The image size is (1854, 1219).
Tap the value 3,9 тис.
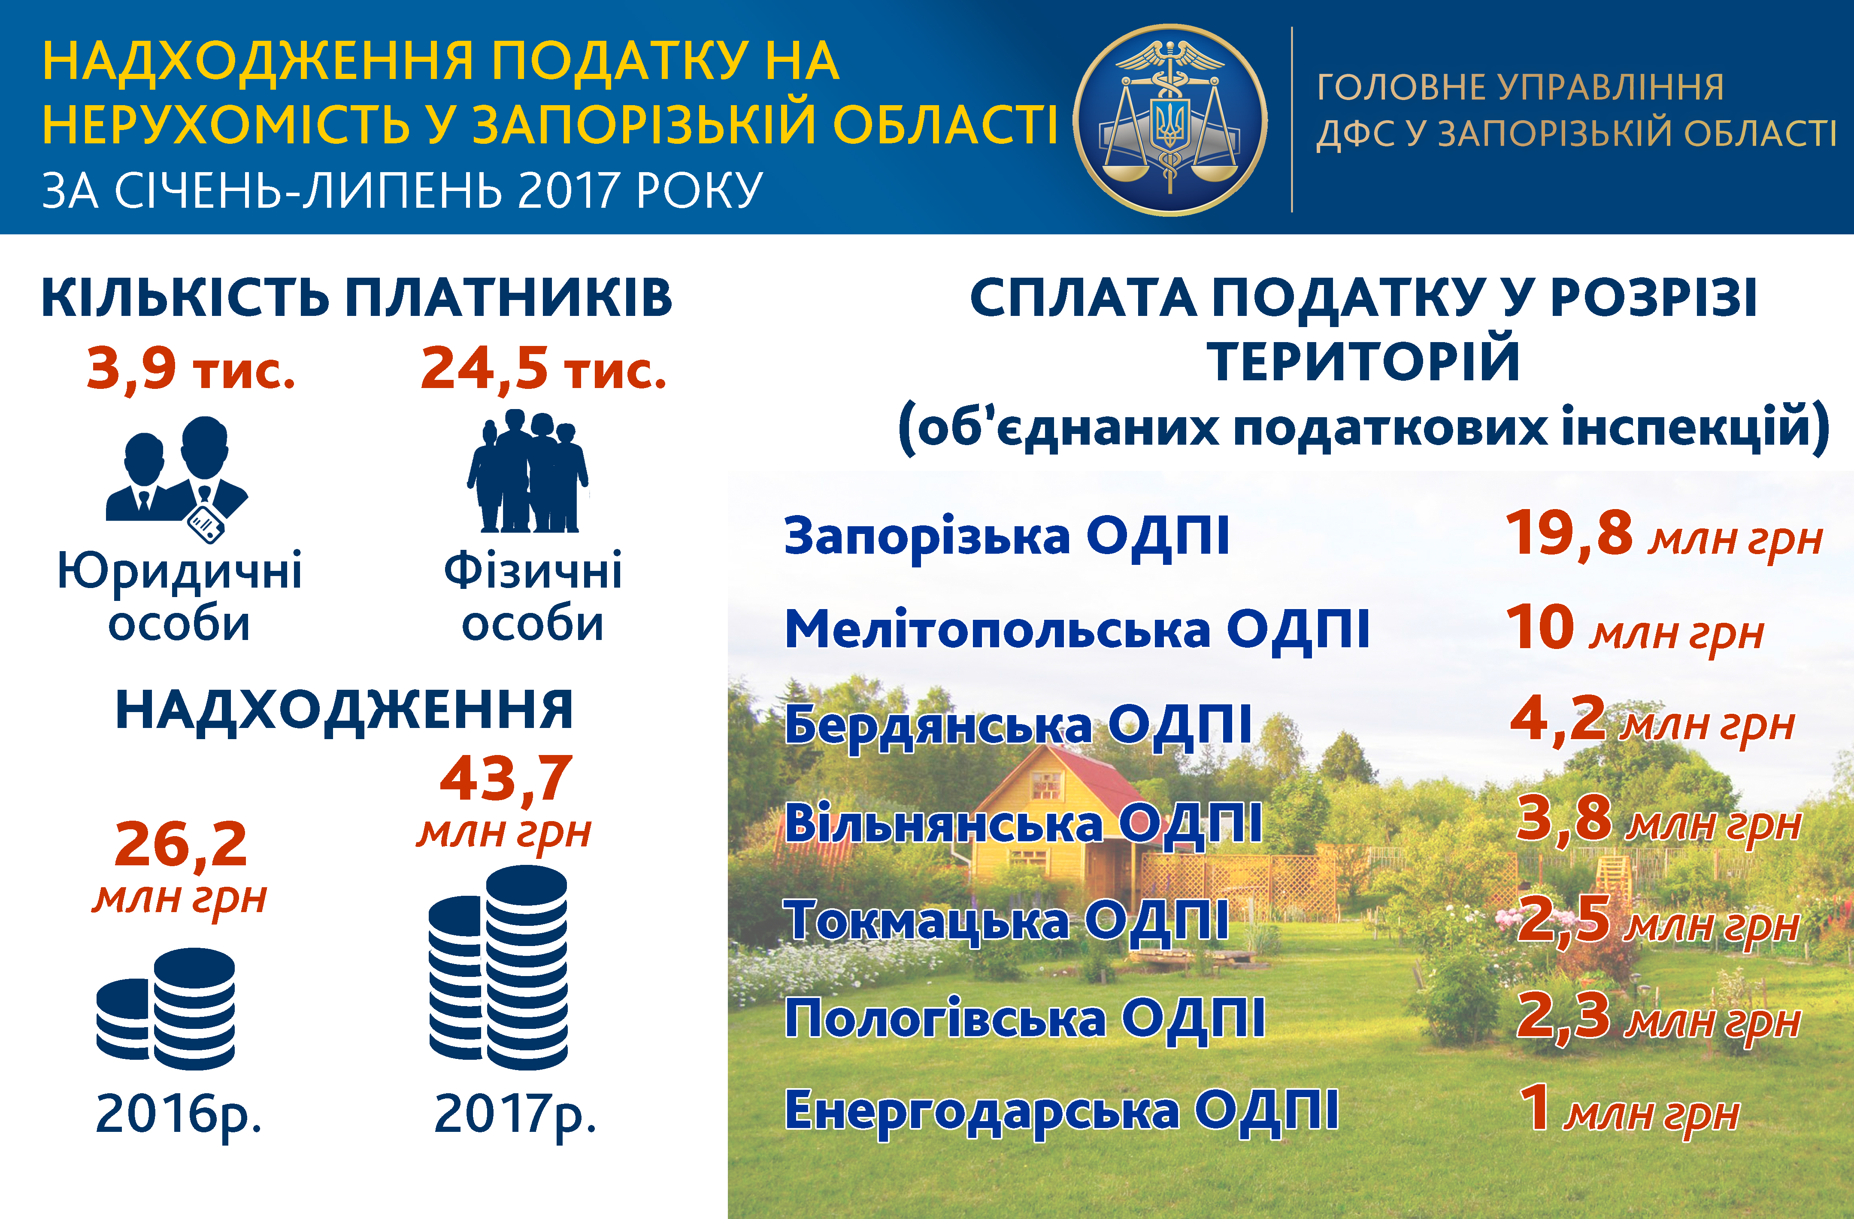[191, 368]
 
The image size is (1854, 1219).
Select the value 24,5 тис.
[543, 368]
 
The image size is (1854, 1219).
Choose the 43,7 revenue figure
[506, 779]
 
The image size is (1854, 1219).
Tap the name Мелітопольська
[998, 629]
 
